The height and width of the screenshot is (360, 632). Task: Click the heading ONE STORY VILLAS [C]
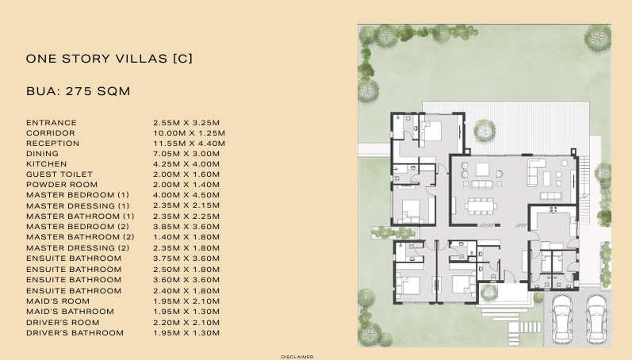click(x=109, y=59)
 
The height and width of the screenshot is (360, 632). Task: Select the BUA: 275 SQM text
click(x=79, y=91)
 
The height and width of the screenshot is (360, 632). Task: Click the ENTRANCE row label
click(x=52, y=123)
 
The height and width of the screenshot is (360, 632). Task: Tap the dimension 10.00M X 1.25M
click(x=189, y=133)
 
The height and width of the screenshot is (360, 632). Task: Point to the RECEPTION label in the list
click(x=53, y=144)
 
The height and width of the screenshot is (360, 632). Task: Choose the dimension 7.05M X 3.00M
click(x=186, y=154)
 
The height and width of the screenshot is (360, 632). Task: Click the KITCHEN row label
click(x=46, y=164)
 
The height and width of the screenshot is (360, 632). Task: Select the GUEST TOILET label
click(x=59, y=174)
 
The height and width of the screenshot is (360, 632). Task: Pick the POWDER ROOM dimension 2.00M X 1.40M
click(x=186, y=185)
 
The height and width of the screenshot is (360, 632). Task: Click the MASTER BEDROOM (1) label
click(x=78, y=195)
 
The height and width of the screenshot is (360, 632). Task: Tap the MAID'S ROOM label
click(x=58, y=301)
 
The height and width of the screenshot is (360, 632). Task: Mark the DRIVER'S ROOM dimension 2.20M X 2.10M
click(x=186, y=323)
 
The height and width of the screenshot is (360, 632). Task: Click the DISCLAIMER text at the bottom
click(x=297, y=357)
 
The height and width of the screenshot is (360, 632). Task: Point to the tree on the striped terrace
click(x=484, y=130)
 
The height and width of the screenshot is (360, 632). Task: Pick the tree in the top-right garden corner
click(x=598, y=38)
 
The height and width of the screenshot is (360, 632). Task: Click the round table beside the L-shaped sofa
click(x=565, y=163)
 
